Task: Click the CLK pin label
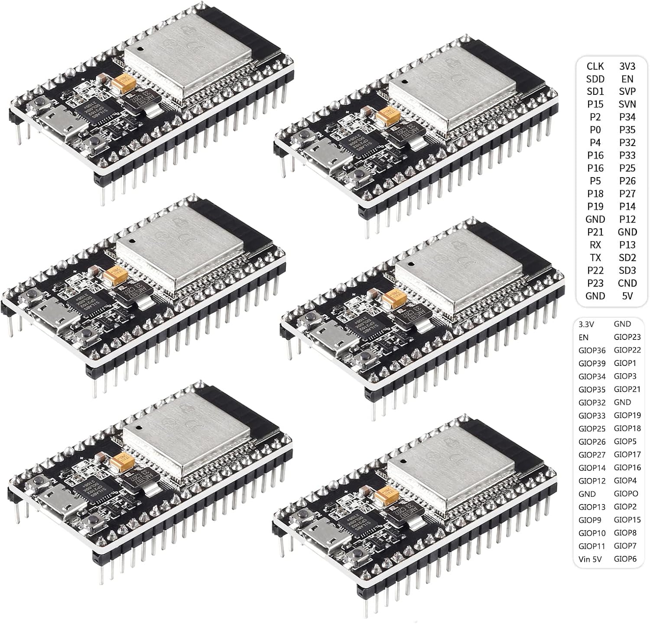pos(595,66)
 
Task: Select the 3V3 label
pos(627,66)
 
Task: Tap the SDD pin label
pos(595,79)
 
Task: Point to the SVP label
pos(627,92)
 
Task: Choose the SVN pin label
pos(627,104)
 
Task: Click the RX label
pos(595,245)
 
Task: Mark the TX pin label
pos(595,258)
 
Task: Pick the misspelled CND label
pos(627,283)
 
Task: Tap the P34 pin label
pos(627,117)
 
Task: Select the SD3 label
pos(627,271)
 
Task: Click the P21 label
pos(595,232)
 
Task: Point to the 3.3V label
pos(586,324)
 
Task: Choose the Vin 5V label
pos(589,559)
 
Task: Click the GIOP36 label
pos(591,350)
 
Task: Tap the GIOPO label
pos(626,494)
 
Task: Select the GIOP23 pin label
pos(627,337)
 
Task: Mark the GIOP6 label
pos(625,559)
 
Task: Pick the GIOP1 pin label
pos(625,363)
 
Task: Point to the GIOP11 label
pos(591,546)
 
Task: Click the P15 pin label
pos(595,104)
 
